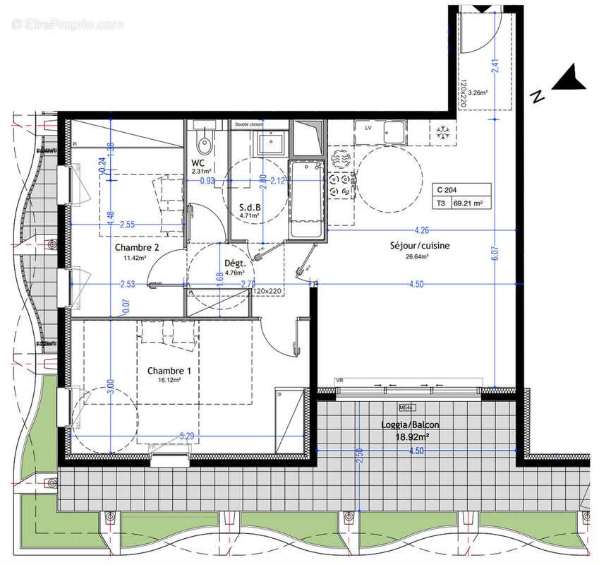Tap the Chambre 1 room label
point(169,371)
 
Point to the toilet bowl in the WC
point(205,145)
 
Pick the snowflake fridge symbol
point(444,131)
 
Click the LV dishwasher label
point(368,129)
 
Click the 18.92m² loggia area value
point(419,437)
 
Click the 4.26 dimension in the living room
point(422,230)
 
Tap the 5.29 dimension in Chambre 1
point(188,436)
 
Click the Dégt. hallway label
point(234,263)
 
